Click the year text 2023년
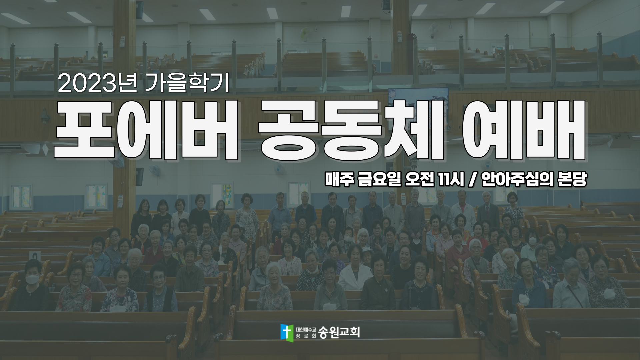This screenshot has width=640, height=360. point(97,83)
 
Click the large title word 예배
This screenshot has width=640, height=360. point(524,130)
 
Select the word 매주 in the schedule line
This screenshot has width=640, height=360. point(339,180)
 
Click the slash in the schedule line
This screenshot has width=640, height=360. point(473,180)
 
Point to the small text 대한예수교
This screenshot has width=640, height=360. point(305,329)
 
